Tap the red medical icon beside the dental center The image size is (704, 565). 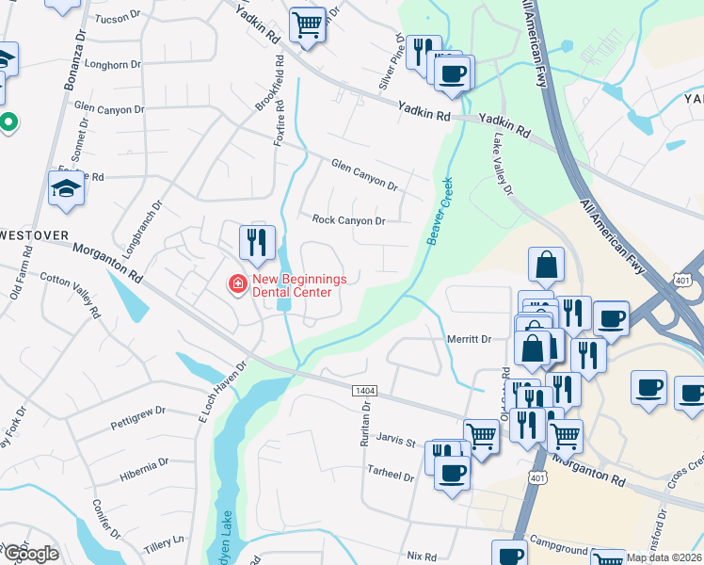click(x=237, y=282)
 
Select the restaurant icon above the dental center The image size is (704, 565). click(x=257, y=244)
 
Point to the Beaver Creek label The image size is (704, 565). click(x=440, y=211)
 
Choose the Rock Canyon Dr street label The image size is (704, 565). click(x=348, y=220)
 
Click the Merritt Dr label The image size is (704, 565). click(x=471, y=339)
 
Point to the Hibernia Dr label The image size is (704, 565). click(x=143, y=469)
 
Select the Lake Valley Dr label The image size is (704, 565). click(x=503, y=164)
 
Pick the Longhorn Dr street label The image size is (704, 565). click(x=112, y=65)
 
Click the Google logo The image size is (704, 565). click(x=30, y=554)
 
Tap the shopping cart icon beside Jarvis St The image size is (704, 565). click(x=481, y=435)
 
